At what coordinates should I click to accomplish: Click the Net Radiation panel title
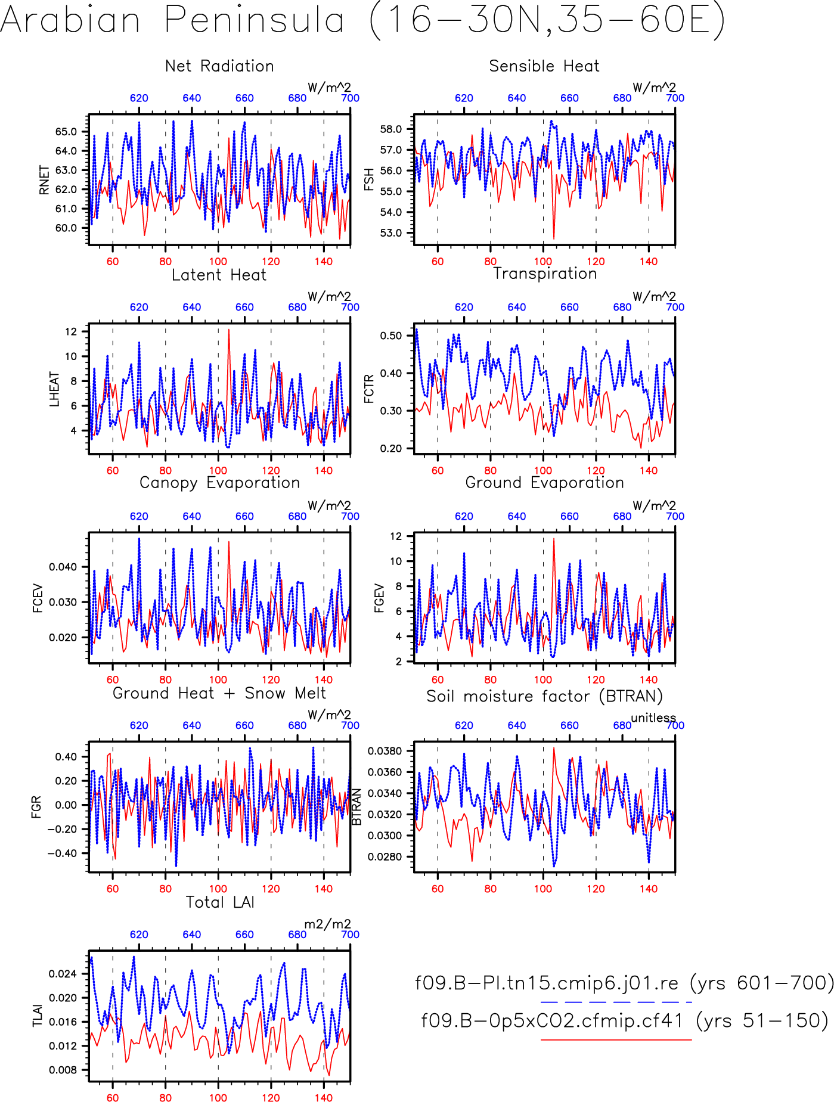(x=219, y=66)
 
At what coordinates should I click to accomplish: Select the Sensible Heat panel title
(x=544, y=66)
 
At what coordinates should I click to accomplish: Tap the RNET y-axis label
(x=44, y=180)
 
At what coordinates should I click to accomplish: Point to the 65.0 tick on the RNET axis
(x=66, y=132)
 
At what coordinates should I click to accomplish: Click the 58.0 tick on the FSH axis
(x=391, y=129)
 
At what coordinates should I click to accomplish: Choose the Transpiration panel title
(x=545, y=274)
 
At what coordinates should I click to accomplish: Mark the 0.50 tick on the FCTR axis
(x=391, y=336)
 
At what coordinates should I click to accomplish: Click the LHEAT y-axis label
(x=54, y=389)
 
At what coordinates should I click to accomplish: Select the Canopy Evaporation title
(x=219, y=483)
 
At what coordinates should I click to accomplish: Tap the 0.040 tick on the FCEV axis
(x=63, y=567)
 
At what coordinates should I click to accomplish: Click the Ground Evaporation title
(x=544, y=483)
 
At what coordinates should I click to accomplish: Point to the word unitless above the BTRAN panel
(x=653, y=718)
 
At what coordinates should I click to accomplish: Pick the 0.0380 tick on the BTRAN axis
(x=385, y=751)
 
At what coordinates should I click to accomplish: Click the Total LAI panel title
(x=220, y=902)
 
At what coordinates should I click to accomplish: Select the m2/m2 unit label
(x=328, y=924)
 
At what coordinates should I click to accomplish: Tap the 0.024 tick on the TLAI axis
(x=63, y=974)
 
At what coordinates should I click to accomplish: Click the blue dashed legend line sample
(x=616, y=1002)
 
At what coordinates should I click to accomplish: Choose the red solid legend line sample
(x=616, y=1039)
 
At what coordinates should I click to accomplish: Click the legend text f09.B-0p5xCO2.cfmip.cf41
(x=552, y=1020)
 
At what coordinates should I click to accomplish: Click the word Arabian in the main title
(x=70, y=20)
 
